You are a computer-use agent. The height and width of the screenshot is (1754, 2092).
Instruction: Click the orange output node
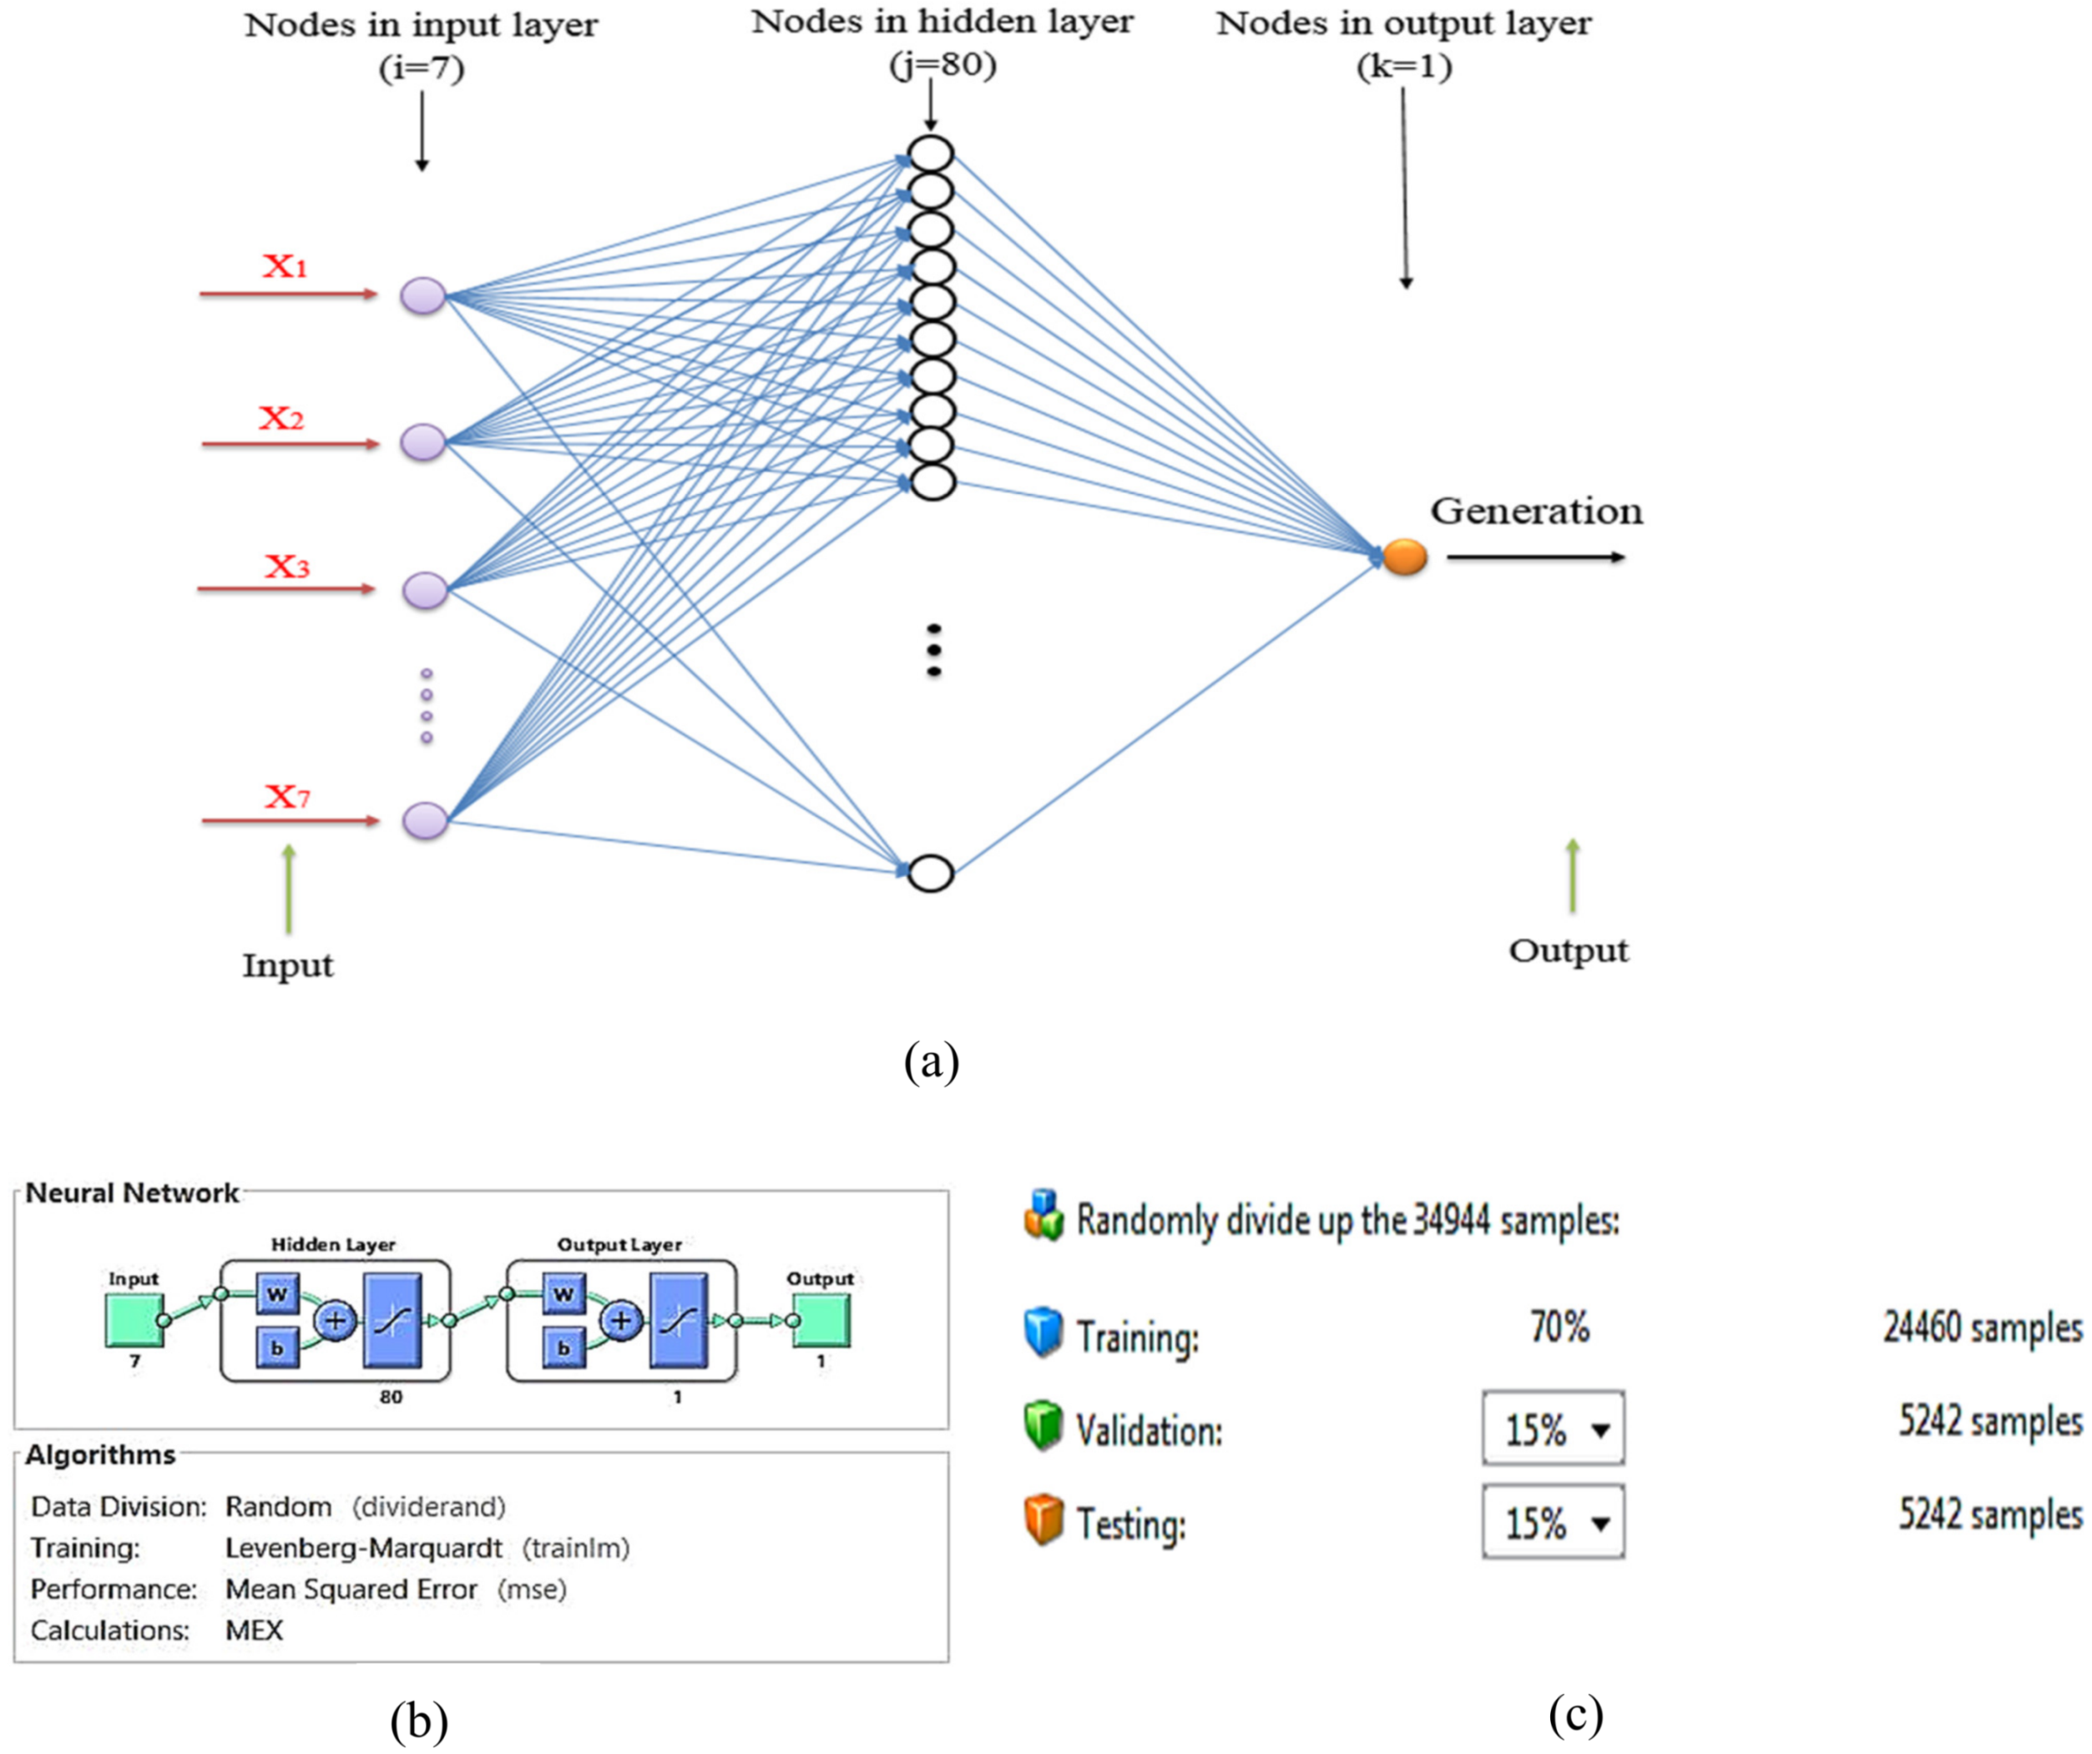[1405, 557]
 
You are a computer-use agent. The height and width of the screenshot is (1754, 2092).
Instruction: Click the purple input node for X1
[423, 296]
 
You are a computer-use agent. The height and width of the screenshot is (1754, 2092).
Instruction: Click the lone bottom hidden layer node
[932, 874]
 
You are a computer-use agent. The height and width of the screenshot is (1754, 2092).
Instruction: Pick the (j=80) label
[942, 66]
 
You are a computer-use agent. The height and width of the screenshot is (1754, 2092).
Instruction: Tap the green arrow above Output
[1573, 875]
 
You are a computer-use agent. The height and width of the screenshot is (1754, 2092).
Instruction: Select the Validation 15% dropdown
[1553, 1429]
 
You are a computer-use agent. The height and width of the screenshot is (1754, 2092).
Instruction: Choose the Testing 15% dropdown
[1553, 1522]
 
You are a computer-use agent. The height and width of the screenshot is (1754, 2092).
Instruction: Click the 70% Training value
[1559, 1327]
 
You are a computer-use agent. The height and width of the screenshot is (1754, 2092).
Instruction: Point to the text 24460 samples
[1982, 1328]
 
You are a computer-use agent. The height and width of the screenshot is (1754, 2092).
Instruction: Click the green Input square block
[134, 1320]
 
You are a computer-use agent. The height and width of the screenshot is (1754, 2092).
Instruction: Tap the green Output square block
[821, 1320]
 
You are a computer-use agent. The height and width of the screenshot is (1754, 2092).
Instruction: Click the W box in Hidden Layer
[277, 1295]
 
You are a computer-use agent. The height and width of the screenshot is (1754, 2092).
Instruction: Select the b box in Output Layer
[563, 1348]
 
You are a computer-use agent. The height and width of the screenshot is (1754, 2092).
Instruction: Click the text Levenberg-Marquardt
[364, 1548]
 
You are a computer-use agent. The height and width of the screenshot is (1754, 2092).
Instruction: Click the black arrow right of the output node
[1535, 557]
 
